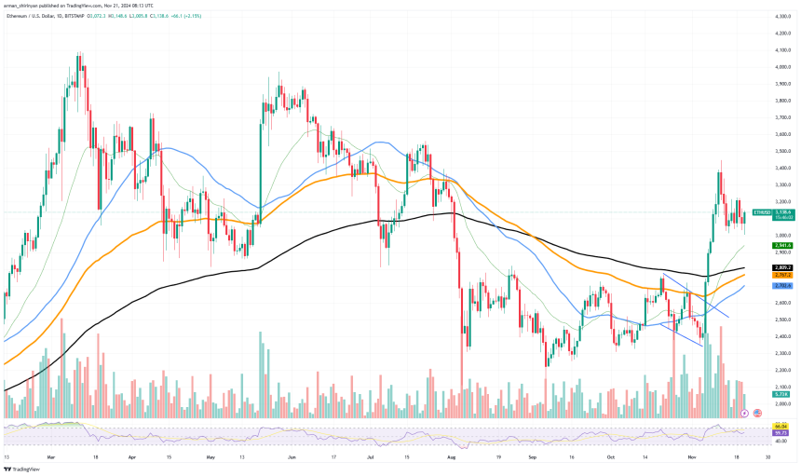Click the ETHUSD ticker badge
tap(759, 212)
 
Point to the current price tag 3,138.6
tap(782, 212)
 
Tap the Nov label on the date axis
tap(695, 458)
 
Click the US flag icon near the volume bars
tap(757, 412)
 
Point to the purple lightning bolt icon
tap(744, 412)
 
